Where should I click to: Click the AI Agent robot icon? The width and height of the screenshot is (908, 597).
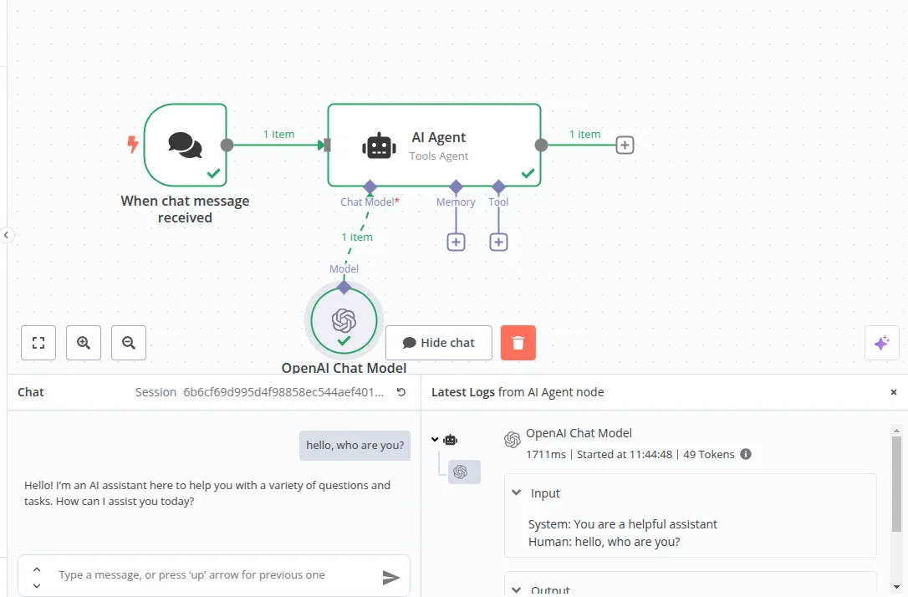coord(379,145)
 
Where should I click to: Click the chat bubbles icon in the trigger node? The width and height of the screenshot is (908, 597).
coord(185,145)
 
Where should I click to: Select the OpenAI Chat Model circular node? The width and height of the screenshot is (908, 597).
coord(344,321)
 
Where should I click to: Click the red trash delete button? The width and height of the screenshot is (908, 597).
coord(518,343)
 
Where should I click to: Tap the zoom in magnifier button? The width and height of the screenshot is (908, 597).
coord(84,343)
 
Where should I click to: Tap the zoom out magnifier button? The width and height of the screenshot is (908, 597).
coord(129,343)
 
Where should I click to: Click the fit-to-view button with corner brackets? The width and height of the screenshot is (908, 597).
coord(38,343)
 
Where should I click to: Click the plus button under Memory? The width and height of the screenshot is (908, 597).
coord(456,242)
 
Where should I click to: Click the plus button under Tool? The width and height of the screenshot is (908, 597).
coord(498,242)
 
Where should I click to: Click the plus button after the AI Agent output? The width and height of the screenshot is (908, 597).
coord(625,145)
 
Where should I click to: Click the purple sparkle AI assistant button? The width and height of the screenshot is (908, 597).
coord(881,343)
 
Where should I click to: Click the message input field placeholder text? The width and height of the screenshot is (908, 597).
coord(191,575)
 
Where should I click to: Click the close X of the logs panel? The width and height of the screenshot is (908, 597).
coord(893,392)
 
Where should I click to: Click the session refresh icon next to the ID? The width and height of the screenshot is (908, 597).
coord(401,392)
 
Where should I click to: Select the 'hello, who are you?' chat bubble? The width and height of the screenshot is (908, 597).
coord(355,446)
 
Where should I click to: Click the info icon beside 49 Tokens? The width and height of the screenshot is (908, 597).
coord(746,455)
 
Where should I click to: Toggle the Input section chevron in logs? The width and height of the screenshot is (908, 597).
coord(517,493)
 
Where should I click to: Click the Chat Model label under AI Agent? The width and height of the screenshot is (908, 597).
coord(367,202)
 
